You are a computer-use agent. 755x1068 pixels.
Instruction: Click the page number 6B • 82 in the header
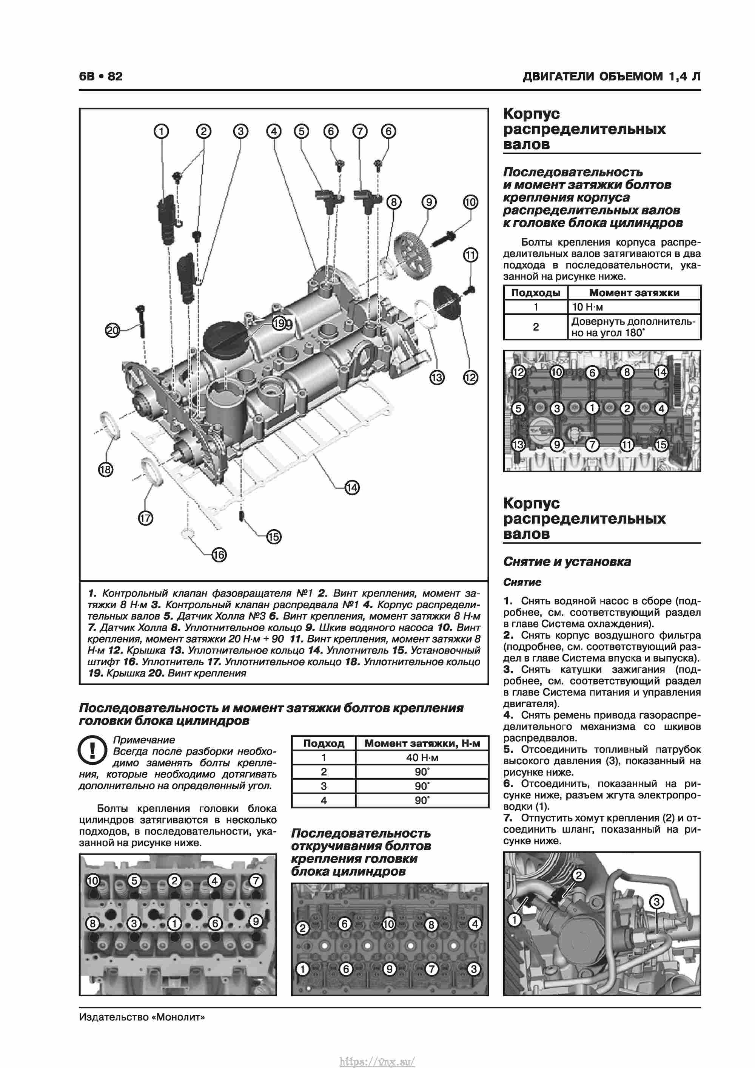100,76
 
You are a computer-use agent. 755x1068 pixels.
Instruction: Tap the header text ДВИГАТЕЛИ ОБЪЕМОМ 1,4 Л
611,76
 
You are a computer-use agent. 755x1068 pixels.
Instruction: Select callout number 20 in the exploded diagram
112,331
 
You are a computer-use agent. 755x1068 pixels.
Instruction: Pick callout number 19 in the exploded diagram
279,323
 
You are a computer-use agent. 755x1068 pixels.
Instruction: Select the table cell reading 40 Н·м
422,758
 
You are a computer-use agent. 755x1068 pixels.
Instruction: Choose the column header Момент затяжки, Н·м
422,743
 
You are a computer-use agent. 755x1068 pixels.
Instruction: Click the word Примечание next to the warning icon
144,740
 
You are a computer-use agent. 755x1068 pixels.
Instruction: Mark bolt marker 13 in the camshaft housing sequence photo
518,445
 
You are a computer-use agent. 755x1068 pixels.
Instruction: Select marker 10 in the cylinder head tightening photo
93,881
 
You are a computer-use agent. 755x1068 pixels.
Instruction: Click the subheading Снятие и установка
567,561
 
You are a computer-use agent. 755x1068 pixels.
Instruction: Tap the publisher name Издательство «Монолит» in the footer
142,1017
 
